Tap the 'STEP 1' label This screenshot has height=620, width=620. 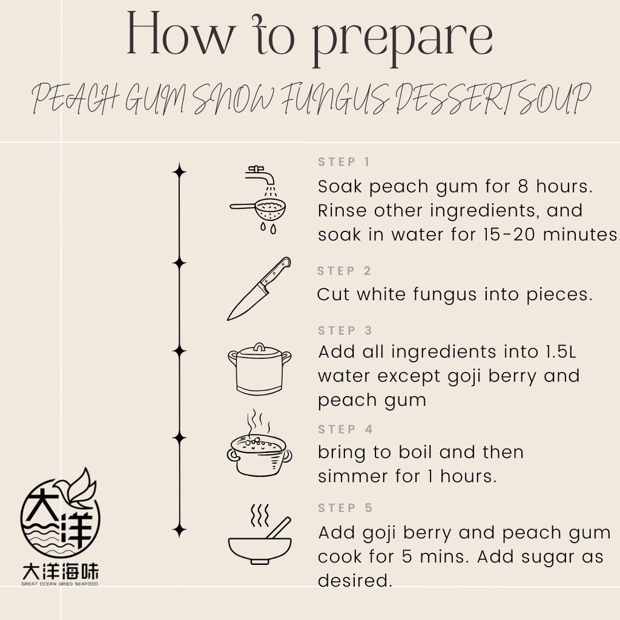[x=344, y=162]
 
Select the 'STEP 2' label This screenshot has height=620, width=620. [x=344, y=271]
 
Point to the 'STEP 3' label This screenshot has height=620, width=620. [x=345, y=330]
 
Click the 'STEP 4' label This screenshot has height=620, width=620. [x=345, y=429]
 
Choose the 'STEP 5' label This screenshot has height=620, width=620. [x=345, y=508]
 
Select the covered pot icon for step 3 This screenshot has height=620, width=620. [x=259, y=369]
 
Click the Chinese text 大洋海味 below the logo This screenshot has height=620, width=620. [x=60, y=572]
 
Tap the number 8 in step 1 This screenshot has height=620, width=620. [x=523, y=186]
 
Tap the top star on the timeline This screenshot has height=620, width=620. [x=179, y=172]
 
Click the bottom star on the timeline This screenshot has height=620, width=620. [x=179, y=530]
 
